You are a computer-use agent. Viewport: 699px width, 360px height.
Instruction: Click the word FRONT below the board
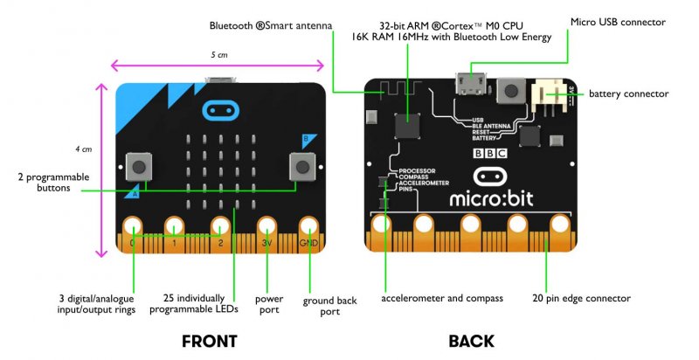pyautogui.click(x=209, y=341)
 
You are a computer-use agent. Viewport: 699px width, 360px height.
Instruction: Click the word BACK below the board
pyautogui.click(x=471, y=341)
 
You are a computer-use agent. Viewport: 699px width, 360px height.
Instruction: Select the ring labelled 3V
pyautogui.click(x=266, y=228)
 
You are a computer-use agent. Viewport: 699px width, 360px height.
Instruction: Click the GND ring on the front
pyautogui.click(x=308, y=228)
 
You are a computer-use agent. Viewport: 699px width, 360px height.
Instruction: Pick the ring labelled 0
pyautogui.click(x=133, y=228)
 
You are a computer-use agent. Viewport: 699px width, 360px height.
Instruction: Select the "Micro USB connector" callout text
pyautogui.click(x=618, y=22)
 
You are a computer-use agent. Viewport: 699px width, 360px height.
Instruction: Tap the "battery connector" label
pyautogui.click(x=628, y=93)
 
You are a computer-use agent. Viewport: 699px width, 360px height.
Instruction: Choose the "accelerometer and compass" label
pyautogui.click(x=442, y=299)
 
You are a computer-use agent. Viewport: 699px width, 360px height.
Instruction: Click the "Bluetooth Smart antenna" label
pyautogui.click(x=271, y=26)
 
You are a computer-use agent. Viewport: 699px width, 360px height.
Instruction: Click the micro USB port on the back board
pyautogui.click(x=472, y=85)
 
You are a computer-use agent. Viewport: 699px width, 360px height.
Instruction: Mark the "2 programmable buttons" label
pyautogui.click(x=53, y=182)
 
